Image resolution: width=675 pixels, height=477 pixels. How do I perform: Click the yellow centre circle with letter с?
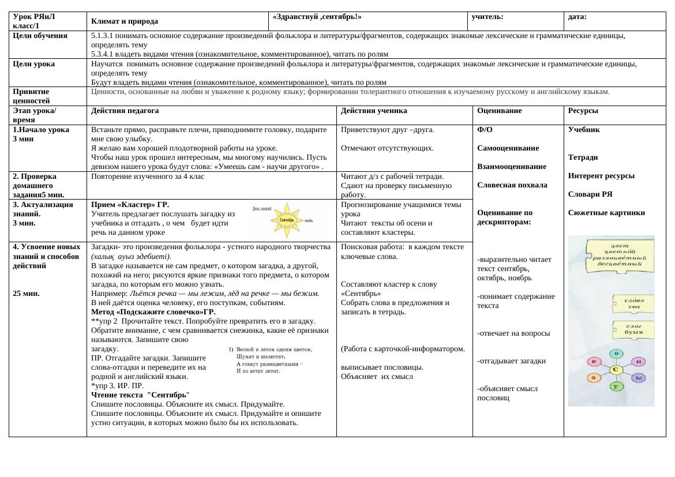pos(616,369)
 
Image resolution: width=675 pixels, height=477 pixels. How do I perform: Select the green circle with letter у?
pos(616,386)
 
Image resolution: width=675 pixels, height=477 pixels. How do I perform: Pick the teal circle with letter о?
pos(617,353)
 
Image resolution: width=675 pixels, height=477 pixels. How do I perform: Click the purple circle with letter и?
pos(638,362)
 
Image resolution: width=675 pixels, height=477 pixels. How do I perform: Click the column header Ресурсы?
pos(583,111)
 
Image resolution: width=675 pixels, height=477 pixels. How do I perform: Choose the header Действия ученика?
pos(374,111)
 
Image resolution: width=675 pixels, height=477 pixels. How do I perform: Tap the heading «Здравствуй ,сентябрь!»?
pos(317,17)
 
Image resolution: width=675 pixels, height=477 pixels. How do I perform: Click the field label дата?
pos(577,17)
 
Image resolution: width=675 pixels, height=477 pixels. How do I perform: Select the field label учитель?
pos(487,17)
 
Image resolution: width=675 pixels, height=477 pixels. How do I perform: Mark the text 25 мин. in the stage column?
pos(26,293)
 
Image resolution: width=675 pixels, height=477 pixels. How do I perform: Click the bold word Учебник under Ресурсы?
pos(584,130)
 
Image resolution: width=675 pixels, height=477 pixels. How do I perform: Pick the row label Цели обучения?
pos(39,36)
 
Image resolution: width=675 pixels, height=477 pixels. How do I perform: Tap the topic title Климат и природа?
pos(125,21)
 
